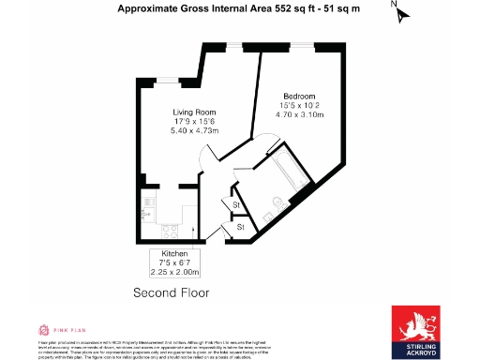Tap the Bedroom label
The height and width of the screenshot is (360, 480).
tap(301, 96)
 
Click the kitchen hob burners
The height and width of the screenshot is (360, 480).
tap(171, 230)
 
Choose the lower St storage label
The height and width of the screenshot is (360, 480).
tap(240, 226)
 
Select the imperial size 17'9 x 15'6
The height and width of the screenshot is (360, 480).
tap(193, 121)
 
